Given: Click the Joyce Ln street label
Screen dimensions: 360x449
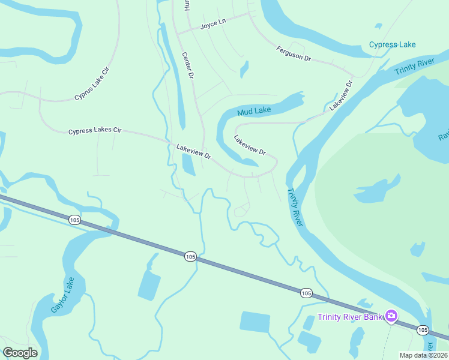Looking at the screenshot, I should pos(212,24).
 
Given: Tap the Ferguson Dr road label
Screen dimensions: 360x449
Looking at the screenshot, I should pos(294,54).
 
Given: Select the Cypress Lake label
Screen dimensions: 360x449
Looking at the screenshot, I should pos(392,45).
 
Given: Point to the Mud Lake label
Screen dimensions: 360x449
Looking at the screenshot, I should pos(254,111).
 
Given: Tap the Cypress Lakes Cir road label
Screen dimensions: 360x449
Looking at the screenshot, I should pos(95,130).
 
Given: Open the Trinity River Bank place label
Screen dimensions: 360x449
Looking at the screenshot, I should pos(349,317).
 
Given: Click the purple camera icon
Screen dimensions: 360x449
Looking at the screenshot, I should pos(391,316).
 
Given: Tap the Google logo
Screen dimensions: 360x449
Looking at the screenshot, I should pos(20,353).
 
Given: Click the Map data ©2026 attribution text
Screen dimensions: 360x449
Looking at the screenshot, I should pos(423,355).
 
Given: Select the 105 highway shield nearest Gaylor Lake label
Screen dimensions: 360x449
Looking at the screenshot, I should pos(74,220).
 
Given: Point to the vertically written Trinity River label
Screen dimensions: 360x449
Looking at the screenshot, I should pos(295,207).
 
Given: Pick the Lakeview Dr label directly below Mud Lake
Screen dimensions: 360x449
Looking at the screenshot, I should pos(249,145).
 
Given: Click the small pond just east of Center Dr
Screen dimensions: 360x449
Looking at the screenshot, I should pos(244,69).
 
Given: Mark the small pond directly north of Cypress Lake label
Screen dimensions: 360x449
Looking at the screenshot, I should pos(378,26).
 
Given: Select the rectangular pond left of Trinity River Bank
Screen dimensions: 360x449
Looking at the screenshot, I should pos(255,322).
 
